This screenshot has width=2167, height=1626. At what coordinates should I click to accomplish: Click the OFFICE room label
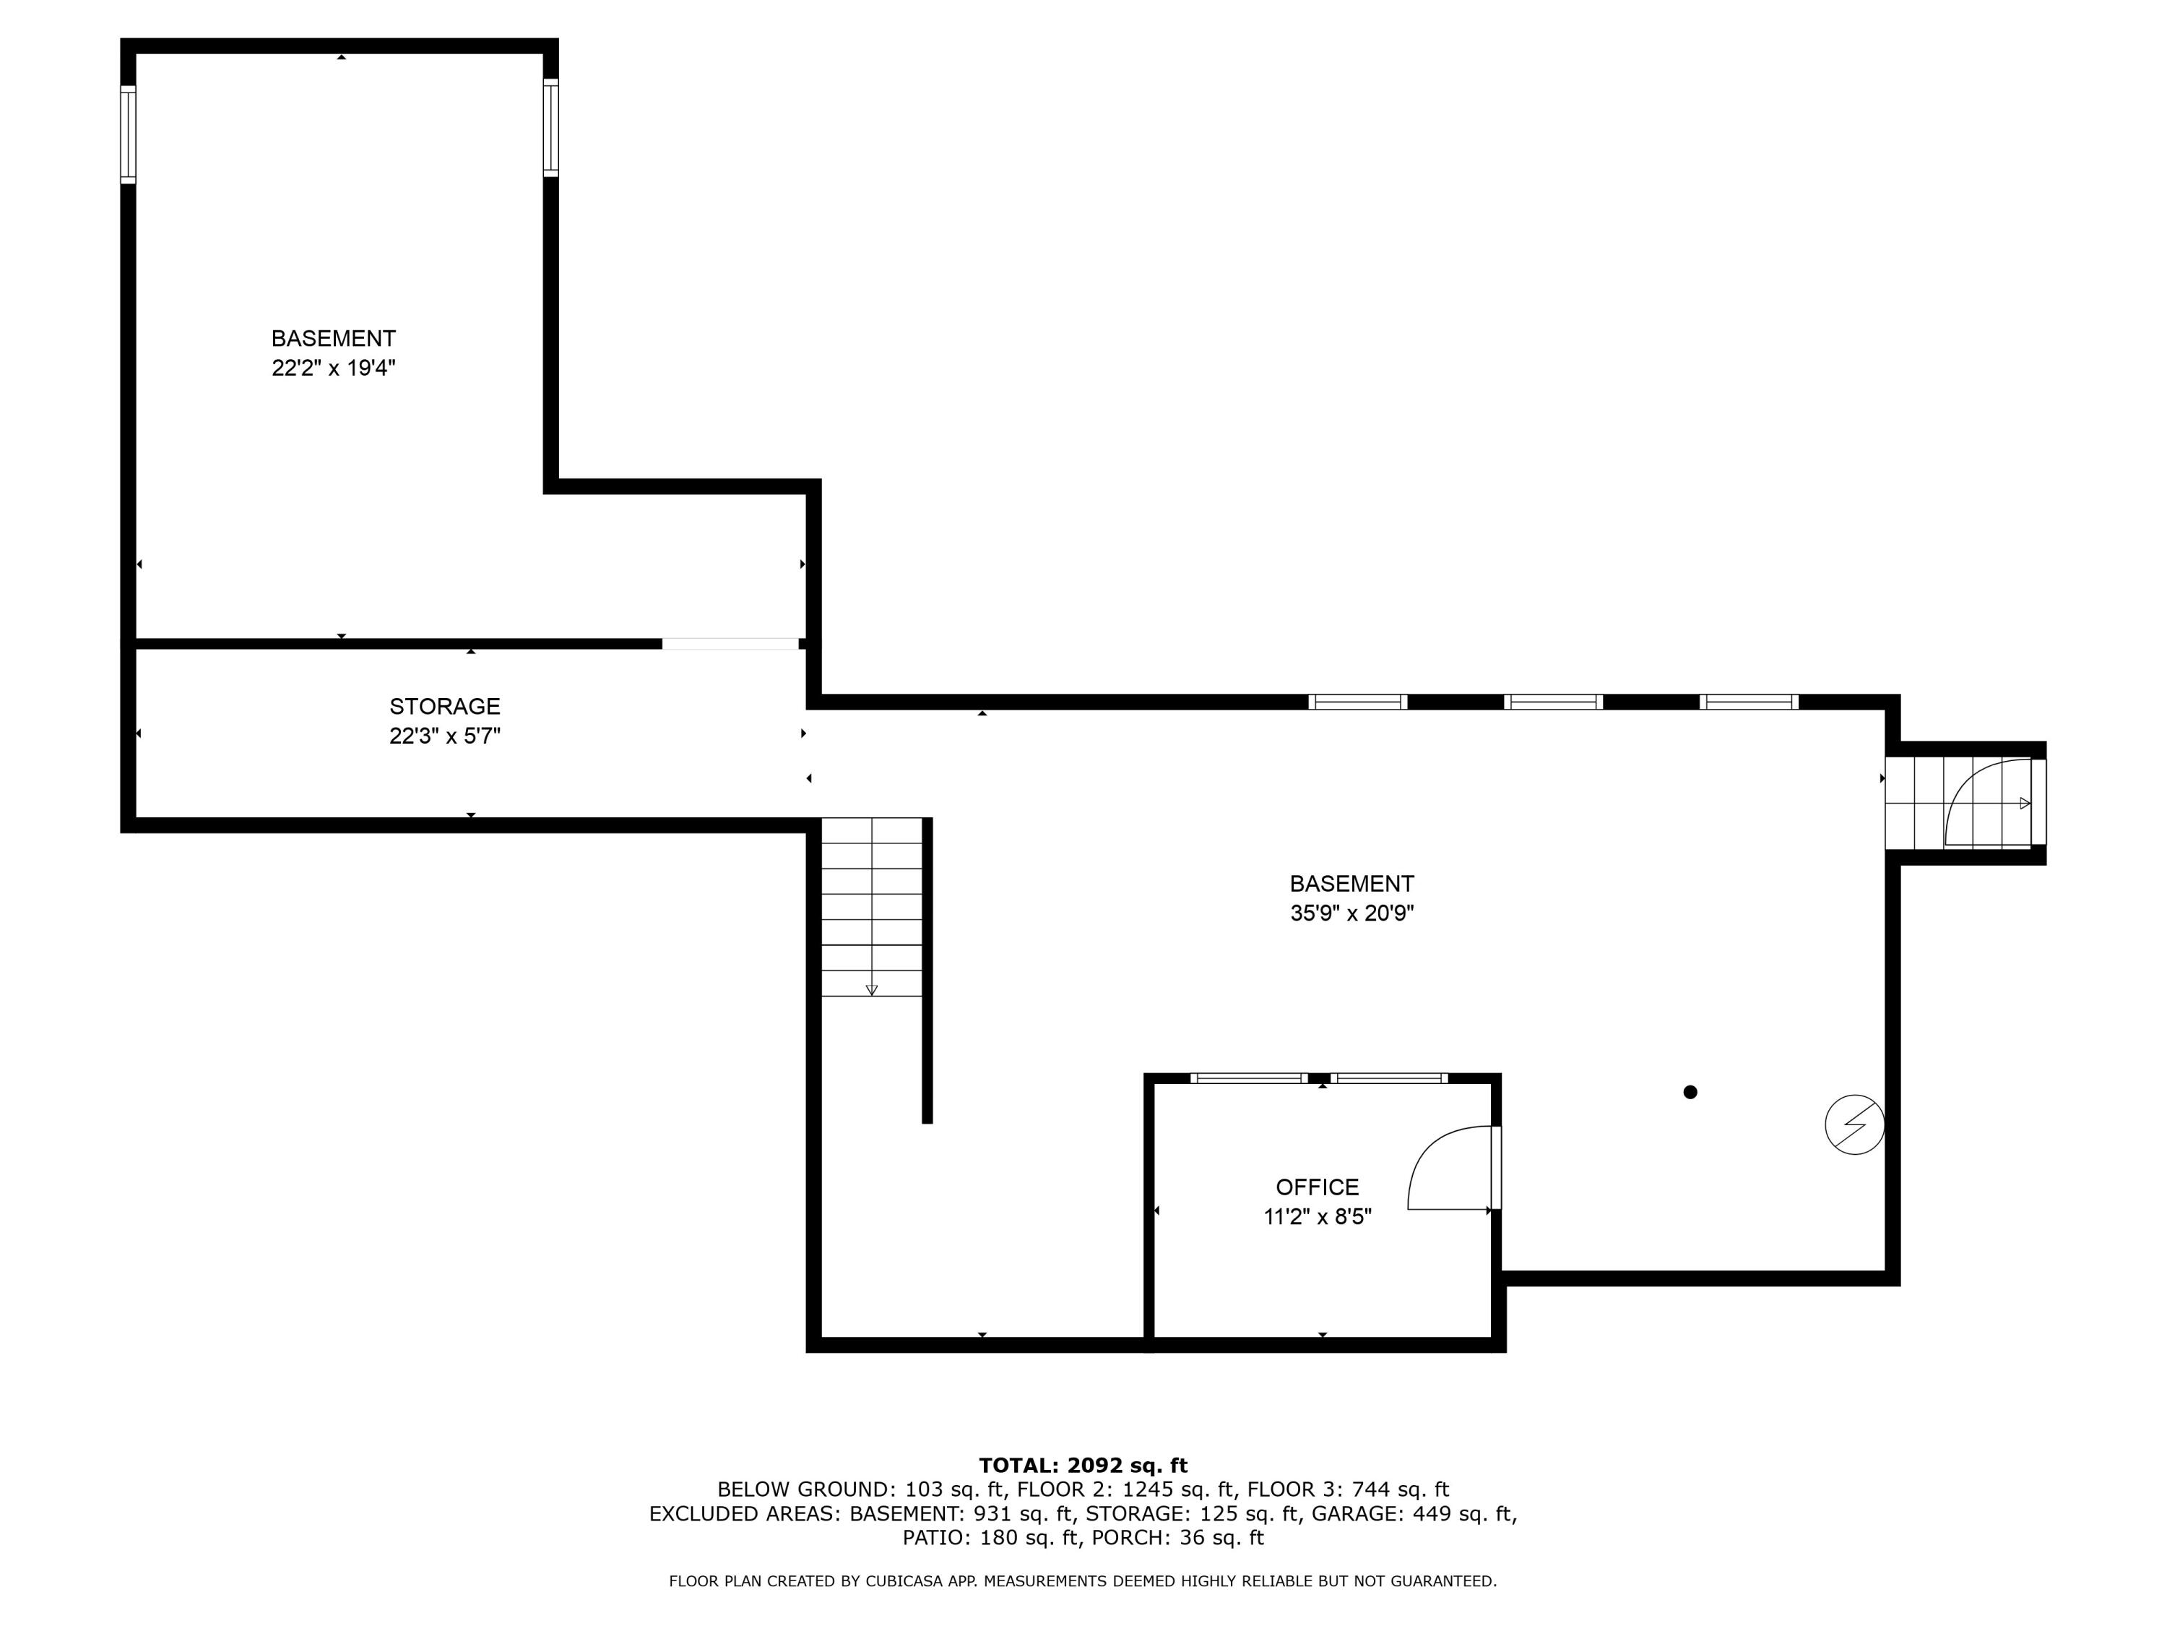(1317, 1187)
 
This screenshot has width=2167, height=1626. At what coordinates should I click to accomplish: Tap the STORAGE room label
(445, 705)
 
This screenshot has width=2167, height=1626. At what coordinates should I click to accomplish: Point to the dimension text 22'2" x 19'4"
(333, 369)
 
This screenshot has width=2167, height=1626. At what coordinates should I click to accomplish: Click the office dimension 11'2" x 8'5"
(1317, 1217)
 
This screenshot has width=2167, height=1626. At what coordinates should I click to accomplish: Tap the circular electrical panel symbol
(1854, 1124)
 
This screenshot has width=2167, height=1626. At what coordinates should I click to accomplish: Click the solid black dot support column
(1690, 1092)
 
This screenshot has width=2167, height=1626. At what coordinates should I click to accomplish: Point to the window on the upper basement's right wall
(550, 127)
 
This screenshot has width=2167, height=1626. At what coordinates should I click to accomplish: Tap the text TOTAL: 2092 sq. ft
(1083, 1466)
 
